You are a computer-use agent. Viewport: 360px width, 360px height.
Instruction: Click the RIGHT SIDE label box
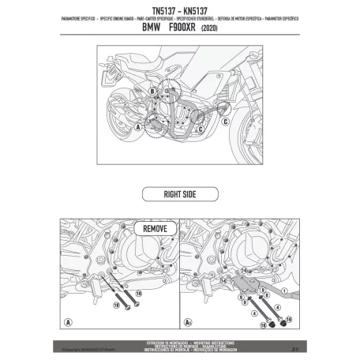coord(179,192)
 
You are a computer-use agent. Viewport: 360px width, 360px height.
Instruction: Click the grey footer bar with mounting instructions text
coord(179,341)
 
